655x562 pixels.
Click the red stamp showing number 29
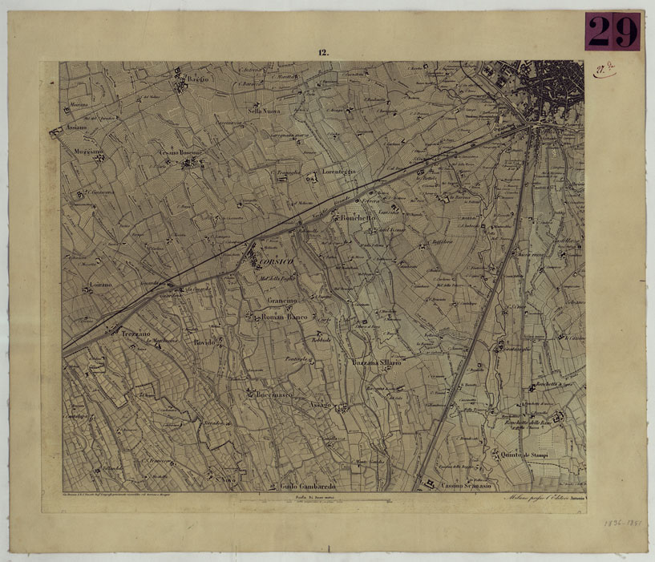pyautogui.click(x=613, y=31)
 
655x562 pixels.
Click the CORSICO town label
pyautogui.click(x=273, y=262)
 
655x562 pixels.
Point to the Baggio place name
pyautogui.click(x=197, y=78)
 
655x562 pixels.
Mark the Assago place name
pyautogui.click(x=319, y=406)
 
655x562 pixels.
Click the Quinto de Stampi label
pyautogui.click(x=529, y=455)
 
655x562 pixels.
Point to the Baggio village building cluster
pyautogui.click(x=179, y=83)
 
